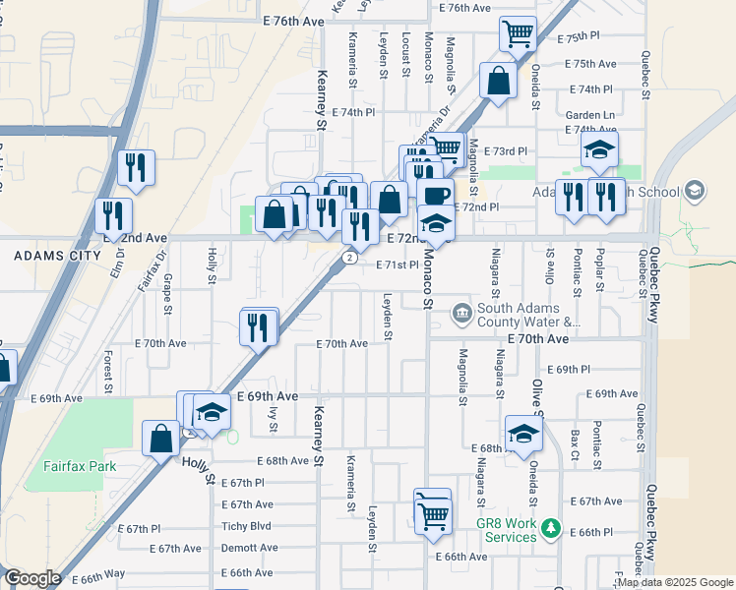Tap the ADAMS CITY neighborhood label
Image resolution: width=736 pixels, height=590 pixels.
57,256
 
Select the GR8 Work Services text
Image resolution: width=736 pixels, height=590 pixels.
506,524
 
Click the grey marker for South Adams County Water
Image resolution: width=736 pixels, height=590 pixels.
460,315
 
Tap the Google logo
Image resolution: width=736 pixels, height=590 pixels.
31,578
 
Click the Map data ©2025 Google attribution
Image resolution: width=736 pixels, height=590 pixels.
675,582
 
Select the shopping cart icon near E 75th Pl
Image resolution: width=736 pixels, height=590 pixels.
518,34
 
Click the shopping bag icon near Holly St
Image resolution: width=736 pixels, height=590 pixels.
160,439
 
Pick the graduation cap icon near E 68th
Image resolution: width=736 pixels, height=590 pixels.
523,433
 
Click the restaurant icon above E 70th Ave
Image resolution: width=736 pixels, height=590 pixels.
259,326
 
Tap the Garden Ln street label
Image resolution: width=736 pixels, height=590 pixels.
589,115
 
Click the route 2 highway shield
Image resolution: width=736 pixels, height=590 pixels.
349,257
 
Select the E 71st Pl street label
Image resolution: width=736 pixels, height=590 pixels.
399,265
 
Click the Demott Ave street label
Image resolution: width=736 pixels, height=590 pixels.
249,548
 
